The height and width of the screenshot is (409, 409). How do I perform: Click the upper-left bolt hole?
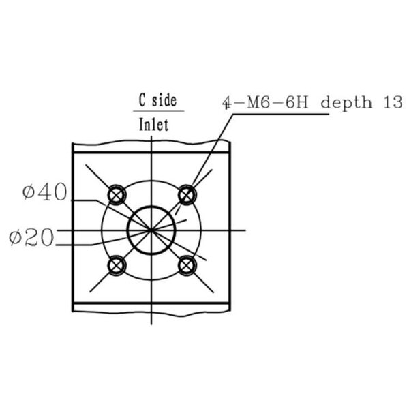tap(117, 194)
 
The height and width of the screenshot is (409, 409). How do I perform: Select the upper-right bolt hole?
tap(187, 194)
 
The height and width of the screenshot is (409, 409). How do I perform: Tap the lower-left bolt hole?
tap(117, 266)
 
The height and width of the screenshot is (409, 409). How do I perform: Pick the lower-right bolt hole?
tap(187, 266)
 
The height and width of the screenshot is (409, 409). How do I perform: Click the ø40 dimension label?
tap(45, 192)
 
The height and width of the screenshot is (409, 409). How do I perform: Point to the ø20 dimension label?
tap(31, 237)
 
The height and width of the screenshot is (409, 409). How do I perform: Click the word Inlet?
tap(153, 125)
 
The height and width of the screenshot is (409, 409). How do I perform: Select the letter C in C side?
tap(142, 100)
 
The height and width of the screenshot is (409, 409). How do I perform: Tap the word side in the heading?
tap(164, 100)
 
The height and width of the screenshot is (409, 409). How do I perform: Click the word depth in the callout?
tap(346, 102)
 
